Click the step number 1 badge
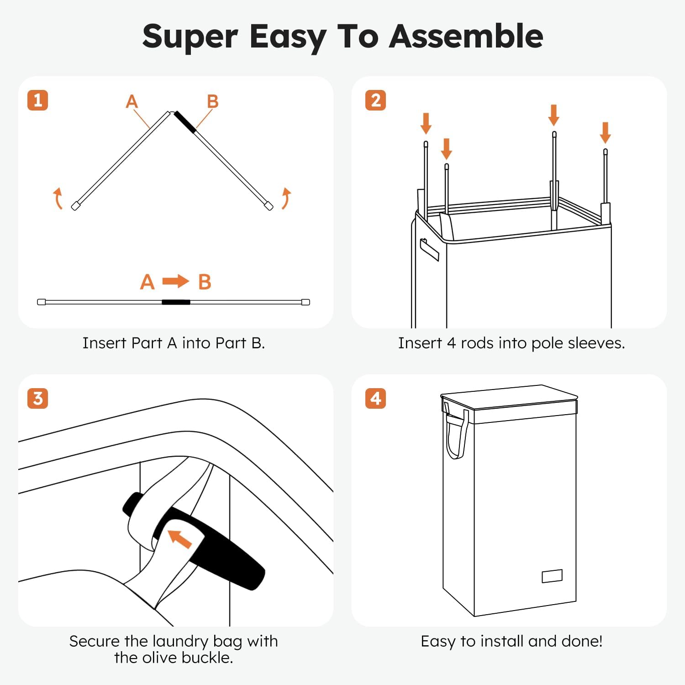click(38, 100)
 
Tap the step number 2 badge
click(375, 100)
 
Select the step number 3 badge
click(38, 398)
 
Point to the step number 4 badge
click(375, 398)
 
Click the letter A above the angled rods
click(132, 101)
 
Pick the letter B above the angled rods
click(212, 101)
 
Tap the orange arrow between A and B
click(176, 281)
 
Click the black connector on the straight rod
click(176, 302)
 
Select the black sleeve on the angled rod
click(185, 121)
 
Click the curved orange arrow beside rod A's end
click(58, 198)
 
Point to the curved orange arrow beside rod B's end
click(286, 198)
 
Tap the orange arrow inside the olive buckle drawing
click(180, 539)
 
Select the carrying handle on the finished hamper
click(457, 434)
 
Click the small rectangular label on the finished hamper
click(552, 576)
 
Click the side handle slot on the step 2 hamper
click(429, 249)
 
